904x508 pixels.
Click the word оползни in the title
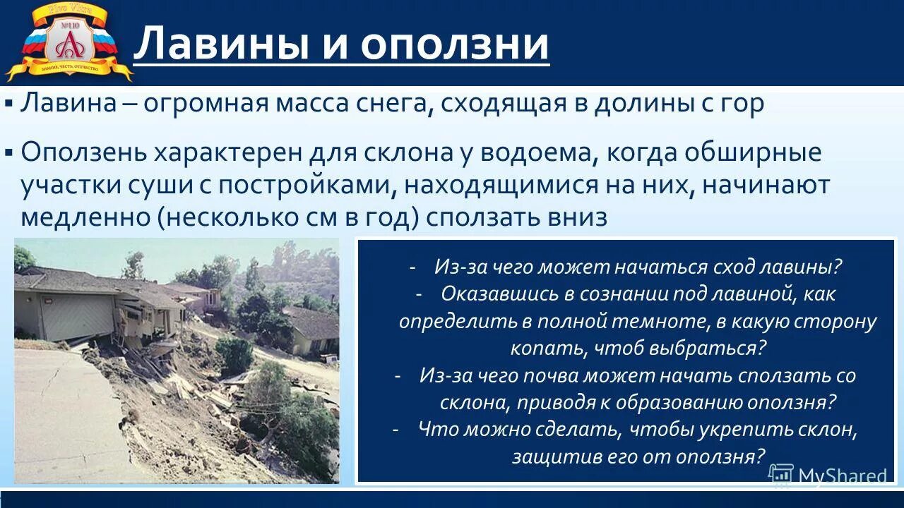coord(456,44)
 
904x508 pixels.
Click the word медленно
coord(85,217)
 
